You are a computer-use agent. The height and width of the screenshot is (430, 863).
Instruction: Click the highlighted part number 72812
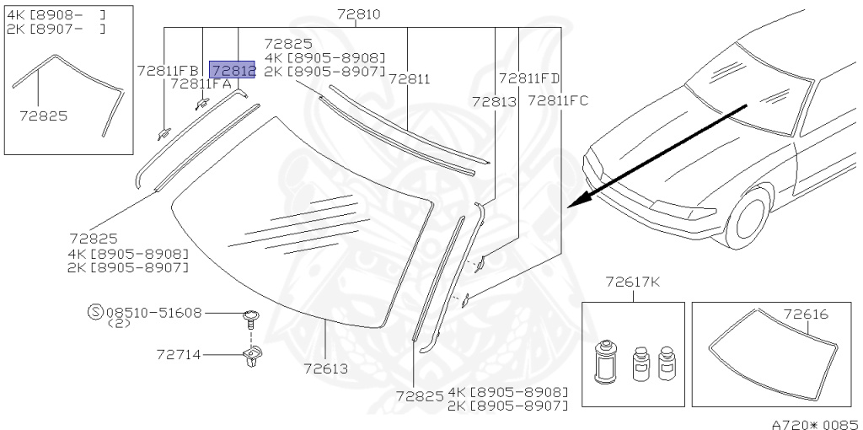(x=233, y=70)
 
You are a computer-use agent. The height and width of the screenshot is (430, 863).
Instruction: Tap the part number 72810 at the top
(x=359, y=14)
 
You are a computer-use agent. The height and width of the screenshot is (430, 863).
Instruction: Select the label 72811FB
(x=168, y=71)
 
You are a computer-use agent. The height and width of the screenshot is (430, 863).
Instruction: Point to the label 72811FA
(x=201, y=84)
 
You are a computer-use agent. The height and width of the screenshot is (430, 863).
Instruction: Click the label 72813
(x=494, y=102)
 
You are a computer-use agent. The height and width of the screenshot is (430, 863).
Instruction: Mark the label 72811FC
(x=558, y=101)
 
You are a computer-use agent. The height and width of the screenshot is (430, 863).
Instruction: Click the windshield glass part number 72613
(x=326, y=368)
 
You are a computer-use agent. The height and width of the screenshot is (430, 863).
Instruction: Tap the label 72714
(x=179, y=355)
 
